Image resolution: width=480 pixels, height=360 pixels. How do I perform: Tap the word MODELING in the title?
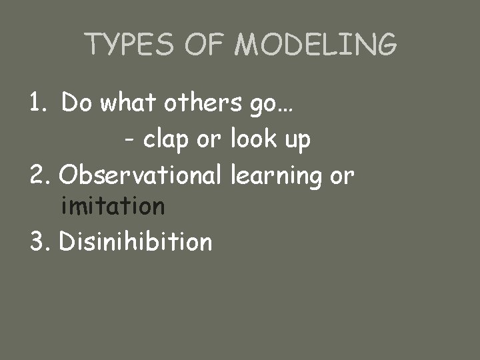(x=317, y=45)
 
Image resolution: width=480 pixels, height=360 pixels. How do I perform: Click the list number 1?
(x=37, y=103)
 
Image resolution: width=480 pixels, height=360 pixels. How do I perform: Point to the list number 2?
(x=39, y=175)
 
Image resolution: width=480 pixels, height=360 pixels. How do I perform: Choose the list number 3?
(x=39, y=241)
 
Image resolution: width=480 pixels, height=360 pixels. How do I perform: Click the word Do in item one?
(x=78, y=103)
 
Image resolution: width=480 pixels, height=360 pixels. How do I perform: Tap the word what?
(x=128, y=103)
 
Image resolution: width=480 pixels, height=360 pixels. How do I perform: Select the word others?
(x=196, y=103)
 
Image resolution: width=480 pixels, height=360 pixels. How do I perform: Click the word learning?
(x=273, y=176)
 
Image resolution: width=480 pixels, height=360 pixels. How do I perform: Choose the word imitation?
(x=112, y=207)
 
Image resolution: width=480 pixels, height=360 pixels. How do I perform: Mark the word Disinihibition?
(x=135, y=241)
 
